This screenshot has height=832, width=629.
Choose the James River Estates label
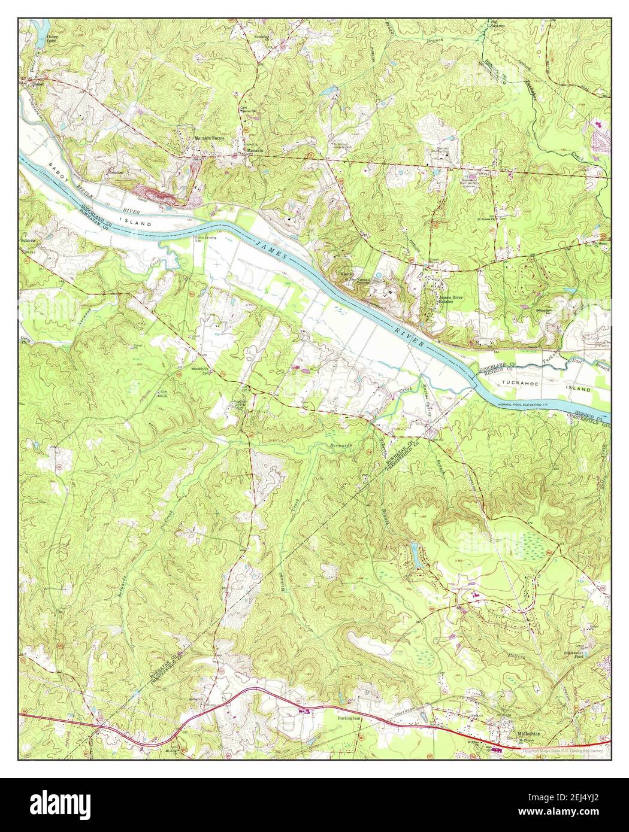pyautogui.click(x=453, y=300)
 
